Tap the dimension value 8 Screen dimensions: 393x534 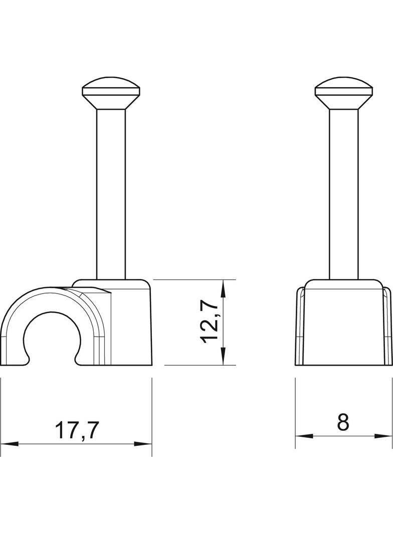[x=343, y=422]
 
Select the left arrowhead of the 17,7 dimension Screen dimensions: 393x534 [x=9, y=444]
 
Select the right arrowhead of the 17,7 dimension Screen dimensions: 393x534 [x=143, y=444]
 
